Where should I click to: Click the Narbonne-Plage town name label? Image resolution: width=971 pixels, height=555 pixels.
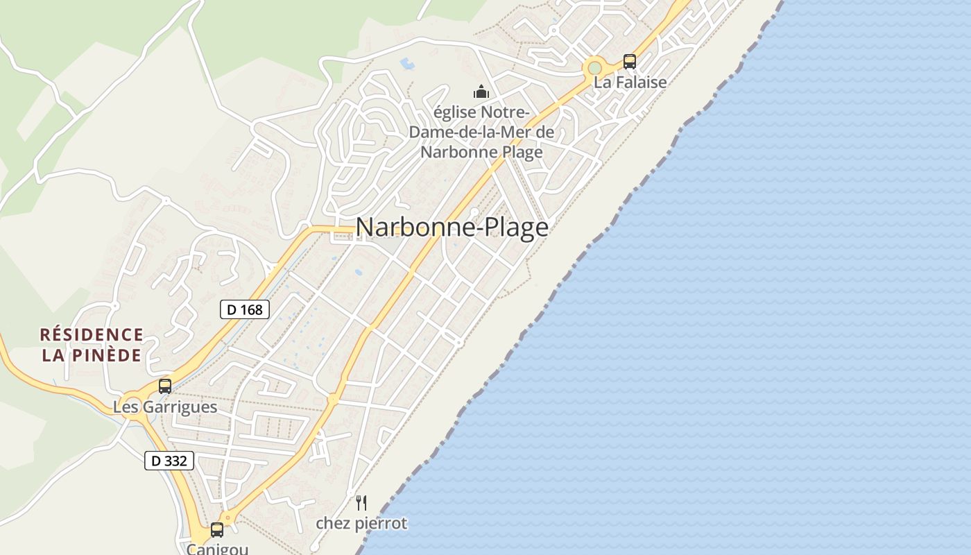pos(452,228)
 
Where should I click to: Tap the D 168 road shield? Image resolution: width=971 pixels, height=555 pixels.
pos(245,309)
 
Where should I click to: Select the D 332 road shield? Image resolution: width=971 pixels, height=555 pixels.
pos(169,460)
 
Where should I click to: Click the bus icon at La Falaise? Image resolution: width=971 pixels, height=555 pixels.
pos(629,62)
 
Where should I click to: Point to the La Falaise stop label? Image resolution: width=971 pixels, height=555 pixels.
pos(629,82)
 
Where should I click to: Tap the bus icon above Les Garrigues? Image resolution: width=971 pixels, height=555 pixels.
pos(165,386)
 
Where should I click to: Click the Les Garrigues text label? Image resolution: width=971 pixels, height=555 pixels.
pos(165,407)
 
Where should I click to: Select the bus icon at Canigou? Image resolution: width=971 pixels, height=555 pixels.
pos(217,530)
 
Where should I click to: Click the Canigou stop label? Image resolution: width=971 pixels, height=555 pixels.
pos(216,549)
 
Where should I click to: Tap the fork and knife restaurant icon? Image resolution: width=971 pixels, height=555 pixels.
pos(361,503)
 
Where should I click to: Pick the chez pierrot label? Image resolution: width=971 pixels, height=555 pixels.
pos(361,523)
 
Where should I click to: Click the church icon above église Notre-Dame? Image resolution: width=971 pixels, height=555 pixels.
pos(481,92)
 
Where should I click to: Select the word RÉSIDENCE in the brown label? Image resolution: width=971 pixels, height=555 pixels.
pos(92,335)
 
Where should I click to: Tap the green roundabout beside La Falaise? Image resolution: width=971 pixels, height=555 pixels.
pos(594,68)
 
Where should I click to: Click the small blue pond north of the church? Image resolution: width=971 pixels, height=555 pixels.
pos(407,65)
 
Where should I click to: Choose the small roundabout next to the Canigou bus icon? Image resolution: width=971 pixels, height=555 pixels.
pos(227,518)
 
